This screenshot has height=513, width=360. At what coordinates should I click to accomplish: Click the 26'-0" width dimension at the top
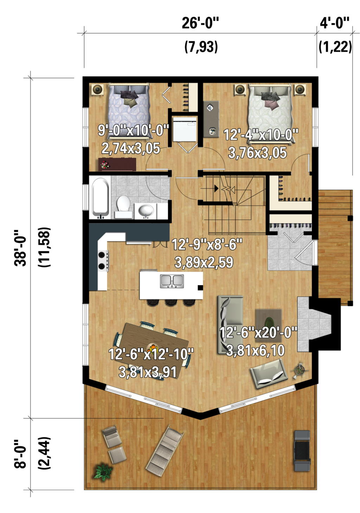click(200, 23)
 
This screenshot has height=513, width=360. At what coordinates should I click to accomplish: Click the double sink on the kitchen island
click(172, 281)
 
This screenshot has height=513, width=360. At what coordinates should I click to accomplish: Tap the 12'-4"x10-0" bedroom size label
click(261, 135)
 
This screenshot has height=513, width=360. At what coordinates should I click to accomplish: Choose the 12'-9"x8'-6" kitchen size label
click(207, 245)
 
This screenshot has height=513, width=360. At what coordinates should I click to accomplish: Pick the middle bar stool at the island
click(171, 302)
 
